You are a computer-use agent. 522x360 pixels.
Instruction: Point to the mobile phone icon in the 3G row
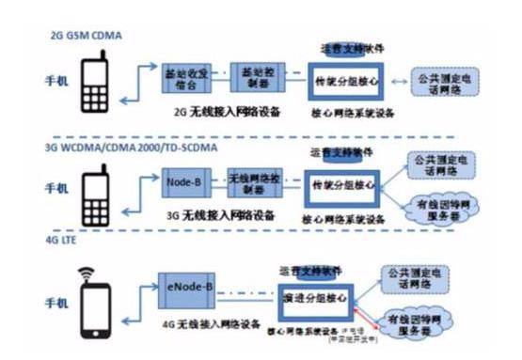(98, 193)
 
